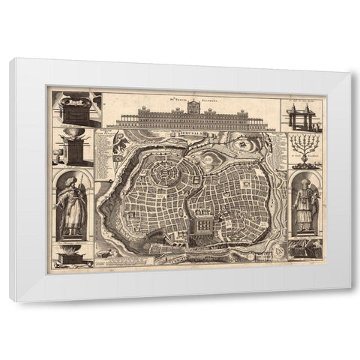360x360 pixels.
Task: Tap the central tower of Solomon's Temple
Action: coord(193,107)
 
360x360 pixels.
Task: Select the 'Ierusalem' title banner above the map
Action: coord(193,131)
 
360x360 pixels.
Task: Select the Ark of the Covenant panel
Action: coord(76,109)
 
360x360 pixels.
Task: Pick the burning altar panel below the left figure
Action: coord(73,259)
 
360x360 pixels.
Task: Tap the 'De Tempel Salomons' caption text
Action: coord(193,96)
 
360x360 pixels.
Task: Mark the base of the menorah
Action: coord(304,164)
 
